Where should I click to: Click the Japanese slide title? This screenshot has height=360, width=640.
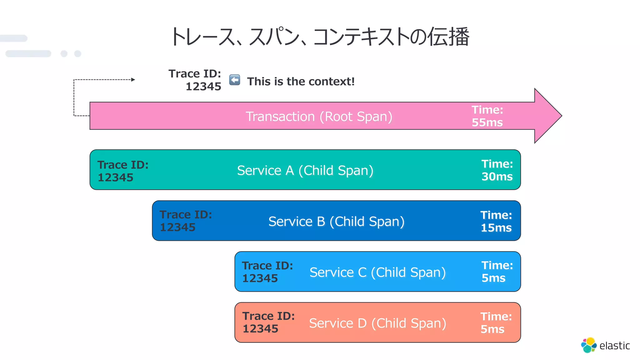tap(319, 37)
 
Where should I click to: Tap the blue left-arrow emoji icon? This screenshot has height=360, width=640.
tap(235, 80)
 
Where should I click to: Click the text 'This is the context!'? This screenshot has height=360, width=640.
tap(301, 82)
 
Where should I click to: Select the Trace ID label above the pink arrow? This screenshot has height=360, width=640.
tap(195, 80)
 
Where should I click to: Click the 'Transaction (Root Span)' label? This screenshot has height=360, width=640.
tap(319, 117)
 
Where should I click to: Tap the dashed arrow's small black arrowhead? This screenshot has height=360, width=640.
tap(133, 80)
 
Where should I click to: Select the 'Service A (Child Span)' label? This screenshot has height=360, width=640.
tap(305, 171)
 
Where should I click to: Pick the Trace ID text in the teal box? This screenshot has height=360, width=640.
tap(123, 171)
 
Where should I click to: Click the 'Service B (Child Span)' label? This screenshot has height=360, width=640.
tap(336, 222)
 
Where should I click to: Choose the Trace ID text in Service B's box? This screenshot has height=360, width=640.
tap(186, 221)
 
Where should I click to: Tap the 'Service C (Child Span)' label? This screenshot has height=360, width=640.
tap(377, 272)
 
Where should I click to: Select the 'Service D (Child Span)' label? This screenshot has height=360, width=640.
tap(377, 323)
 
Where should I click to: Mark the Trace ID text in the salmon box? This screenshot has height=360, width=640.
tap(268, 322)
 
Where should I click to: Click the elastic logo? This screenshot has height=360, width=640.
tap(605, 345)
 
